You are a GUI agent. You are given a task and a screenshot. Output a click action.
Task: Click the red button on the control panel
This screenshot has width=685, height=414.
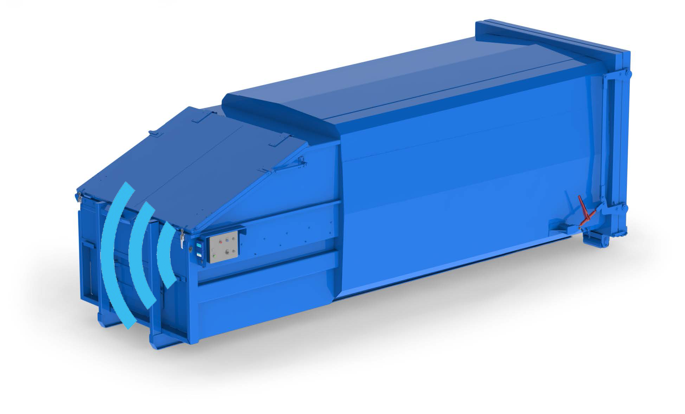click(220, 241)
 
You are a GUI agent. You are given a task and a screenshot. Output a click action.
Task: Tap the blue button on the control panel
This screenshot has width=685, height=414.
click(227, 240)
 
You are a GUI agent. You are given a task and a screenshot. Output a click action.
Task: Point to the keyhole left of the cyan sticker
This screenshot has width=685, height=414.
click(191, 249)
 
